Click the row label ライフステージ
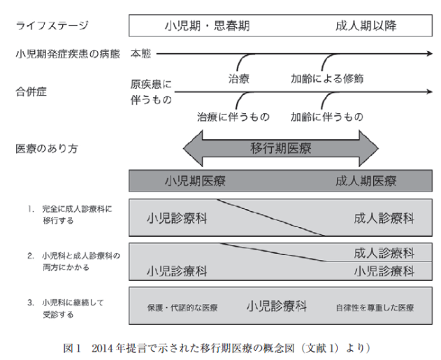coord(52,26)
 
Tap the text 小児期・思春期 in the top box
coord(207,26)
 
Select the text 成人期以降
coord(366,26)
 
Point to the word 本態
coord(140,53)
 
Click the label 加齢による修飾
coord(327,78)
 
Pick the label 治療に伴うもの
coord(233,117)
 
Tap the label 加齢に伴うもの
coord(327,117)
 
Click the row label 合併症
coord(31,92)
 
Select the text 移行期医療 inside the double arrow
coord(281,148)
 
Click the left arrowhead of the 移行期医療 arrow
coord(193,148)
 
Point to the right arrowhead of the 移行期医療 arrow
coord(369,148)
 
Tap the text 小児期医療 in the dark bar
coord(195,181)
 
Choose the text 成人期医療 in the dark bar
coord(366,181)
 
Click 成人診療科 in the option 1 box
coord(384,218)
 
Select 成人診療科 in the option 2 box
coord(384,253)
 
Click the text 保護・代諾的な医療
coord(182,308)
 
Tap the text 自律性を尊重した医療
coord(375,308)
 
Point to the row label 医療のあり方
coord(46,148)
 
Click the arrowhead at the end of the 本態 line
coord(430,53)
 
